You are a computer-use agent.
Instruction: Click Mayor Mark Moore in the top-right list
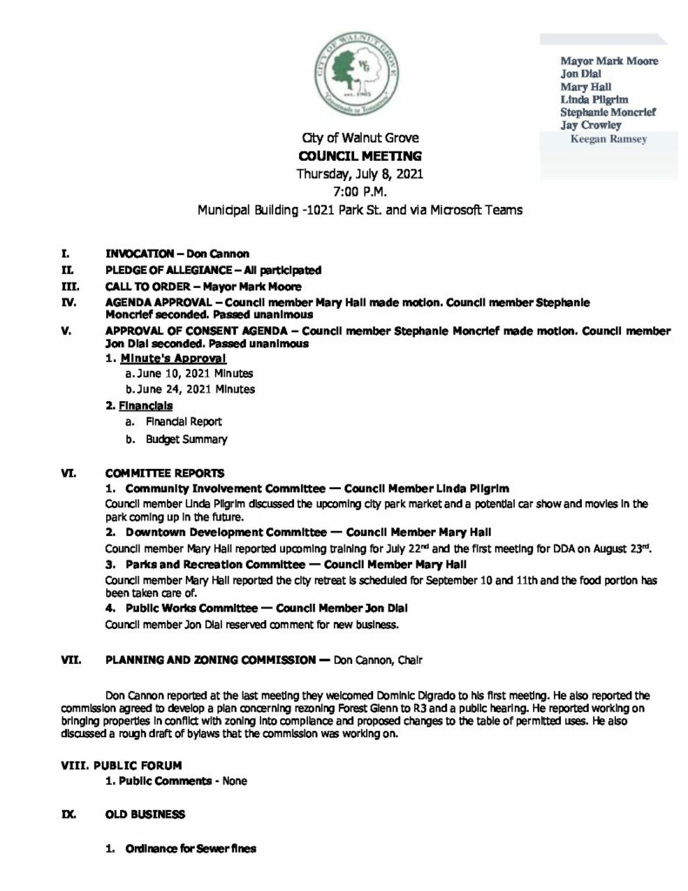pos(609,62)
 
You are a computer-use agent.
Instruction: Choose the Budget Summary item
pos(186,439)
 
